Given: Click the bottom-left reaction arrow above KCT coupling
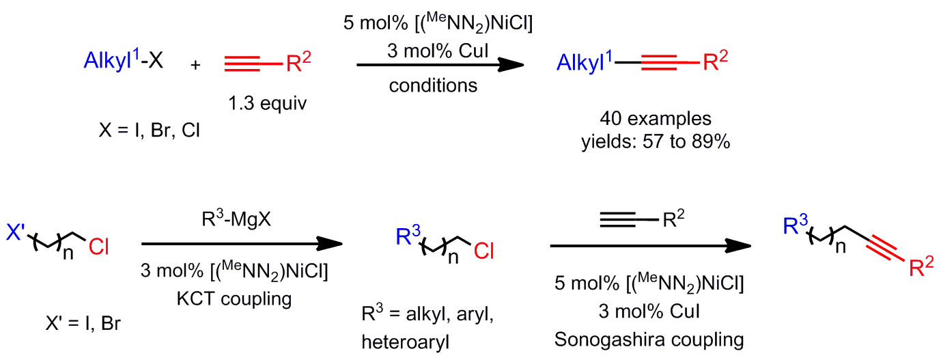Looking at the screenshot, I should tap(240, 244).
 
